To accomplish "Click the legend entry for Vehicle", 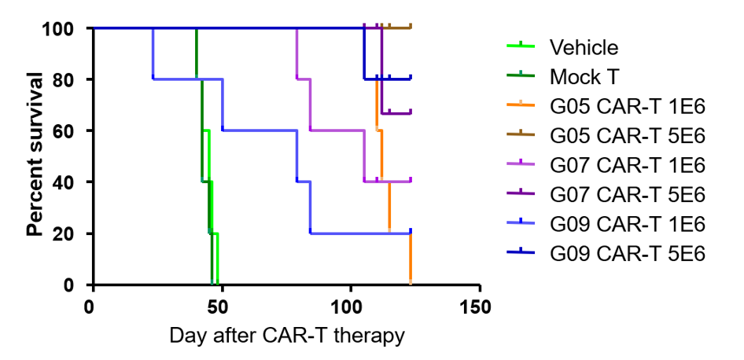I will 584,47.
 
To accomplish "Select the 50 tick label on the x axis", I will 222,305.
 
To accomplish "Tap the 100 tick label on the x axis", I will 351,305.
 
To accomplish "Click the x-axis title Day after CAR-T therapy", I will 287,336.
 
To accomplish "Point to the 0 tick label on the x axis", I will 93,305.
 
